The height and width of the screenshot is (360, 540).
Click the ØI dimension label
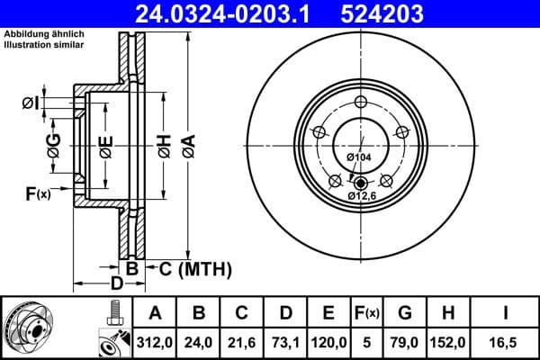pyautogui.click(x=31, y=103)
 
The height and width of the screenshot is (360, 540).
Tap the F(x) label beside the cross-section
pyautogui.click(x=37, y=192)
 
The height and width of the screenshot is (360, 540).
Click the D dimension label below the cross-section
pyautogui.click(x=116, y=284)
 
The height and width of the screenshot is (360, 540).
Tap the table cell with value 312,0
pyautogui.click(x=154, y=342)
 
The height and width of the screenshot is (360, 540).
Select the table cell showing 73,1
pyautogui.click(x=285, y=342)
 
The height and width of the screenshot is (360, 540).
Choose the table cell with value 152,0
pyautogui.click(x=450, y=342)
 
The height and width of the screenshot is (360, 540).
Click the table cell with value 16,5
pyautogui.click(x=506, y=342)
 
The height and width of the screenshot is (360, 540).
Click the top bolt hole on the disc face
pyautogui.click(x=361, y=101)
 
